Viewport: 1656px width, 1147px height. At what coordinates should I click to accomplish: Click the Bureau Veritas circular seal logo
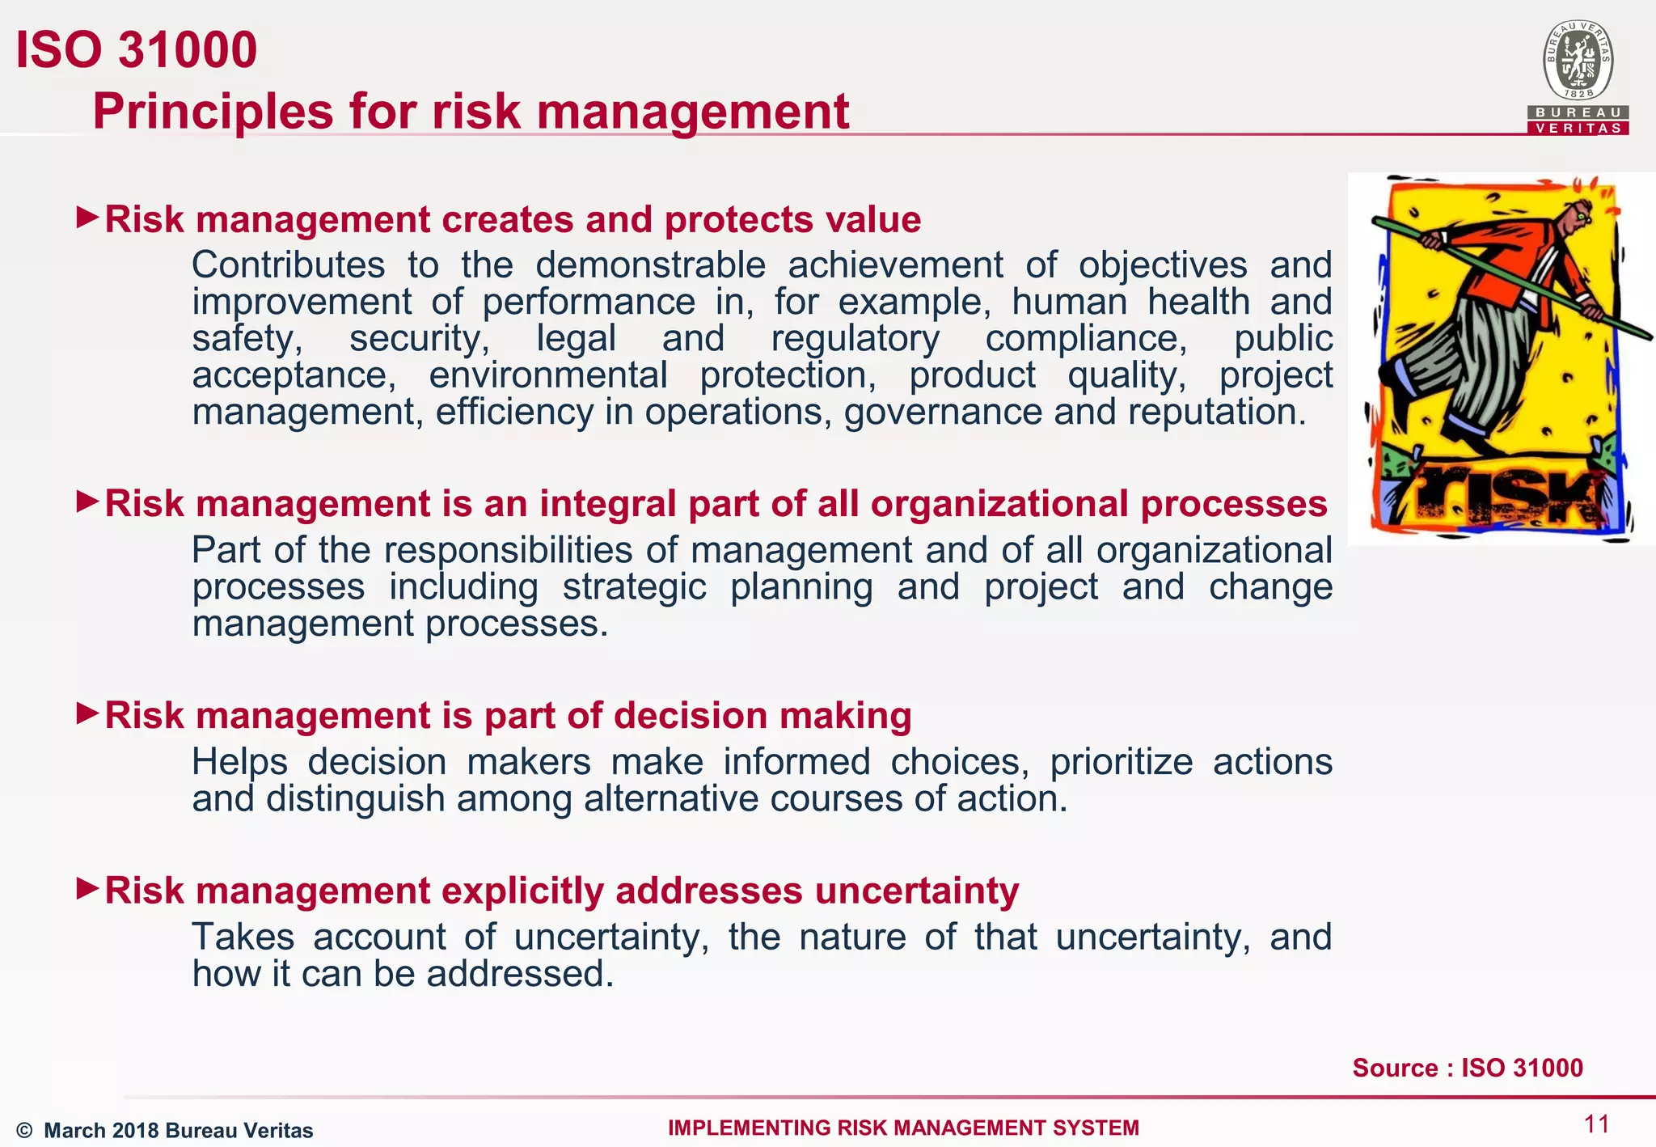click(x=1578, y=61)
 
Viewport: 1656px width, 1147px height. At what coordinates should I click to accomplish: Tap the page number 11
click(x=1596, y=1124)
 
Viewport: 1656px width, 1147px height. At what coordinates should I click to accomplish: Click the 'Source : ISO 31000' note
click(x=1467, y=1068)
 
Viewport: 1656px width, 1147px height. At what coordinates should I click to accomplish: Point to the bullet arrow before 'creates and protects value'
click(x=87, y=217)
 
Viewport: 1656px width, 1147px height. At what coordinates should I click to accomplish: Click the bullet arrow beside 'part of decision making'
click(x=87, y=713)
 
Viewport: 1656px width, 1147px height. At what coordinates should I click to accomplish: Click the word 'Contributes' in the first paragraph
click(x=288, y=265)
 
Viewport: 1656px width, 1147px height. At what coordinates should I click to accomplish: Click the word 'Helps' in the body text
click(x=239, y=762)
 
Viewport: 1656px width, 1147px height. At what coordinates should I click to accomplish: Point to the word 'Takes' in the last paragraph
click(x=243, y=937)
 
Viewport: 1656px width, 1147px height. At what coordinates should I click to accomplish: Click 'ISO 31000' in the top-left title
click(x=136, y=50)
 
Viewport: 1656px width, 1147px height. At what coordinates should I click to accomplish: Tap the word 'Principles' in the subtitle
click(x=212, y=111)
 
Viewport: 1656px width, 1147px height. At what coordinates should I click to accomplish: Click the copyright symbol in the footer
click(x=24, y=1130)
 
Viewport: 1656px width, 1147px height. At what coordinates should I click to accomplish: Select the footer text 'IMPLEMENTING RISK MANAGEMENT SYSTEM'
click(x=903, y=1128)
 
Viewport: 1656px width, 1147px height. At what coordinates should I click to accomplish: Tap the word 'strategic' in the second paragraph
click(x=634, y=586)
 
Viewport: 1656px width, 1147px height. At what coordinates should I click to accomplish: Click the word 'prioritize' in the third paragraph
click(x=1121, y=762)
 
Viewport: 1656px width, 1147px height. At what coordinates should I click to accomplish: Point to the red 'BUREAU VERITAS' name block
click(x=1578, y=121)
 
